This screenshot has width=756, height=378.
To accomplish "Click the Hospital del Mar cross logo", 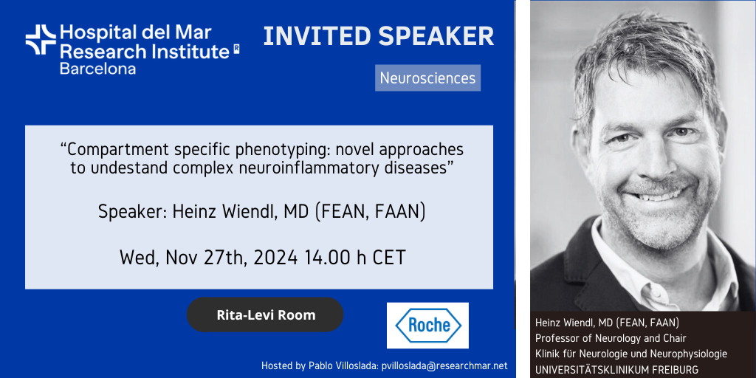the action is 41,40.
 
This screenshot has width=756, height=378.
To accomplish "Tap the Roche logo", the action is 427,325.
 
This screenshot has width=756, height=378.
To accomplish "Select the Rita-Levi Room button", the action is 265,315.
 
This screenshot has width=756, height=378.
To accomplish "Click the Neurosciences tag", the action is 427,78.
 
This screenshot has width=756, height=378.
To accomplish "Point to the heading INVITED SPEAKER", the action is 379,37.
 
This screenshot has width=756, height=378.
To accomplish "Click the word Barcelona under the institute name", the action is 98,68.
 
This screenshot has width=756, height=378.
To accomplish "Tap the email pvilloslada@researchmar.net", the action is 444,366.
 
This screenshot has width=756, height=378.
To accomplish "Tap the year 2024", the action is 275,258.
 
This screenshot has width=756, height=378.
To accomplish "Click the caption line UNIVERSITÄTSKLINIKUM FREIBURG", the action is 616,370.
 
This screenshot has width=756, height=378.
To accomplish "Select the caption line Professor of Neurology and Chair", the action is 611,337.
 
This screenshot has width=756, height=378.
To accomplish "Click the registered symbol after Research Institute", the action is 236,48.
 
